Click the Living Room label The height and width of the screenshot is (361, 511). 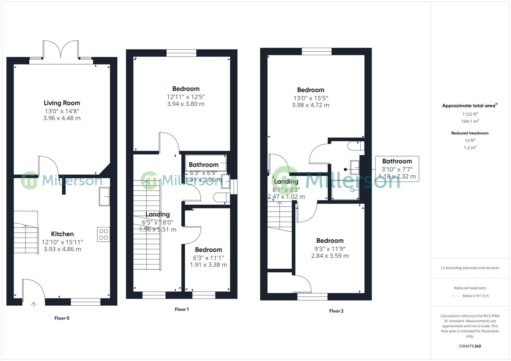pos(62,103)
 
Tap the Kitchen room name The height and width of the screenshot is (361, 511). pos(62,234)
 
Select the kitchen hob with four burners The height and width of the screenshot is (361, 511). pos(104,234)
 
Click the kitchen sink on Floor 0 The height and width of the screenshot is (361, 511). pos(104,197)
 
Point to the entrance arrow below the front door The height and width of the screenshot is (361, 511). pos(33,305)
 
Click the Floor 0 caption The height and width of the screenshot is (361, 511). pos(62,318)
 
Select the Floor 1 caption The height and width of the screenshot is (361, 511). pos(182,310)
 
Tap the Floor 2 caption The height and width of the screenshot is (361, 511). pos(336,311)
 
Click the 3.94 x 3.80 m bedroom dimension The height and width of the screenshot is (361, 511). pos(186,104)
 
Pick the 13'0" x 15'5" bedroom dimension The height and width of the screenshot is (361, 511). pos(311,98)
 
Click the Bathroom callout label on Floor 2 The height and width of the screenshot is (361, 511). pos(397,161)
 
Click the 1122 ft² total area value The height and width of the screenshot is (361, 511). pos(470,114)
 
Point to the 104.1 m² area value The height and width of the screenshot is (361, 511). pos(470,122)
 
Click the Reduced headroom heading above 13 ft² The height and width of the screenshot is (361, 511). pos(470,133)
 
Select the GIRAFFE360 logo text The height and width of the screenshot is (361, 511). pos(470,346)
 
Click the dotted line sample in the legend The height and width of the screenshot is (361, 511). pos(455,296)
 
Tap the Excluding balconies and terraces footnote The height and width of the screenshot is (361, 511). pos(470,268)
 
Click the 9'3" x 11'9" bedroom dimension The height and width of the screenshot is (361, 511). pos(330,249)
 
